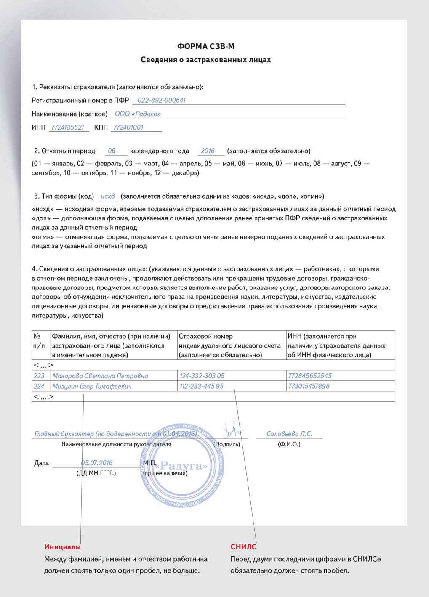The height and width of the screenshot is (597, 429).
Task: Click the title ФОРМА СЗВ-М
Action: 205,46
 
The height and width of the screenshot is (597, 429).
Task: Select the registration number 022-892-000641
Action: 162,100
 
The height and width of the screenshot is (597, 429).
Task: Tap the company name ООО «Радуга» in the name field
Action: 138,114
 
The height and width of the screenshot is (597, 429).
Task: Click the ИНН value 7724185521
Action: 67,127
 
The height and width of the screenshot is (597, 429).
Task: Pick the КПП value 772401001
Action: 128,127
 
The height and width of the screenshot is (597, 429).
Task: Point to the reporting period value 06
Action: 112,151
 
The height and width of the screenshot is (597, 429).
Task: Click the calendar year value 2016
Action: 208,151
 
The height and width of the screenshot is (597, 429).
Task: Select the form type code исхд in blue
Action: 108,196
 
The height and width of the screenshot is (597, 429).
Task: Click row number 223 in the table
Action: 39,376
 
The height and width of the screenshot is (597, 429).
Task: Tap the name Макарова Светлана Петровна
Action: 100,376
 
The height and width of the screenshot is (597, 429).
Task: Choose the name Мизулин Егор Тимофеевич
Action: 92,386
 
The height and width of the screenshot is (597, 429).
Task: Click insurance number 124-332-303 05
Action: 202,376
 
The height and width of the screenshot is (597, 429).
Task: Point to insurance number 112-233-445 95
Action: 202,386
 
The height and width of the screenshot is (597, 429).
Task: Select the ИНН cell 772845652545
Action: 310,376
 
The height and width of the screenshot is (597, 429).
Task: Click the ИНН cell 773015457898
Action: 309,386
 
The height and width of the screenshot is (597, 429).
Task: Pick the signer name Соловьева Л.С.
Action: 289,434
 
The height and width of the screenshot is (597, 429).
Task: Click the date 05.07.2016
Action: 97,463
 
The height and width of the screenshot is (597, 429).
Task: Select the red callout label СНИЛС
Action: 243,547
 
